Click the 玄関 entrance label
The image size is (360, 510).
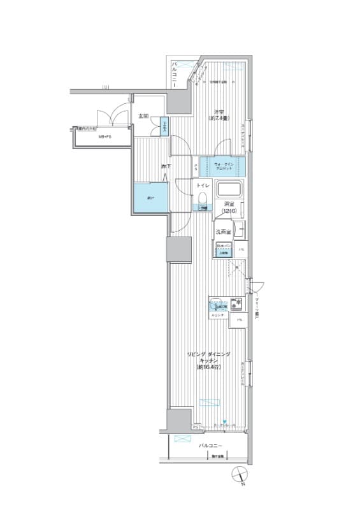click(x=143, y=116)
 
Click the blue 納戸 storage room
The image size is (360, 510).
click(x=150, y=198)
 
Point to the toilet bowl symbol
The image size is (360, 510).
click(x=203, y=197)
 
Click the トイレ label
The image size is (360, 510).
click(x=203, y=185)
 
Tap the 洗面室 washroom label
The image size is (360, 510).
click(x=222, y=232)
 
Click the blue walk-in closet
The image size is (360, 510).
click(x=220, y=166)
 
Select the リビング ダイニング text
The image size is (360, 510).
click(x=208, y=353)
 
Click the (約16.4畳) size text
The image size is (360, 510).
click(x=208, y=368)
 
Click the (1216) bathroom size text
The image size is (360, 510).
click(x=229, y=210)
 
